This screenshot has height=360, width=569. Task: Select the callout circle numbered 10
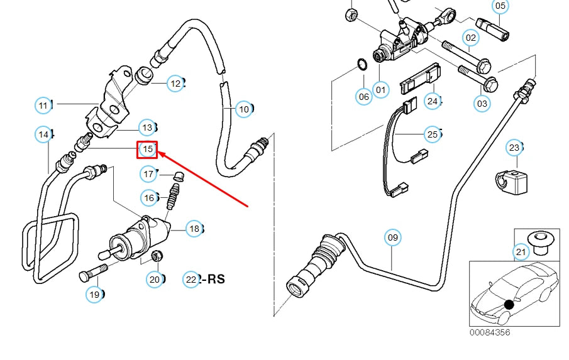coord(244,109)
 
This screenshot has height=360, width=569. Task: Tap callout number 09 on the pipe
coord(392,237)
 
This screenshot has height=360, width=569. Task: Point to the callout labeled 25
coord(432,134)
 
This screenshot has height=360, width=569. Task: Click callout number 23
coord(514,148)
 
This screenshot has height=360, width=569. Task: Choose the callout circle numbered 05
coord(500,7)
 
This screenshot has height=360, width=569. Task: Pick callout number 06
coord(364,96)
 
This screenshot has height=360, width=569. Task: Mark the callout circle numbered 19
coord(94,294)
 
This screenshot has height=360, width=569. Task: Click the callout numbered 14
coord(43,134)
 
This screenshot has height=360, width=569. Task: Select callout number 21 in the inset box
coord(521,253)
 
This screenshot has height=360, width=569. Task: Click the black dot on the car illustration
coord(509,305)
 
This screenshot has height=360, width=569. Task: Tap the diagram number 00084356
coord(489,332)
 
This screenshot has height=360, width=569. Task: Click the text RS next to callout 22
coord(213,279)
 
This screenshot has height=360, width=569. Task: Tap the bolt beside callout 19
coord(93,272)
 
